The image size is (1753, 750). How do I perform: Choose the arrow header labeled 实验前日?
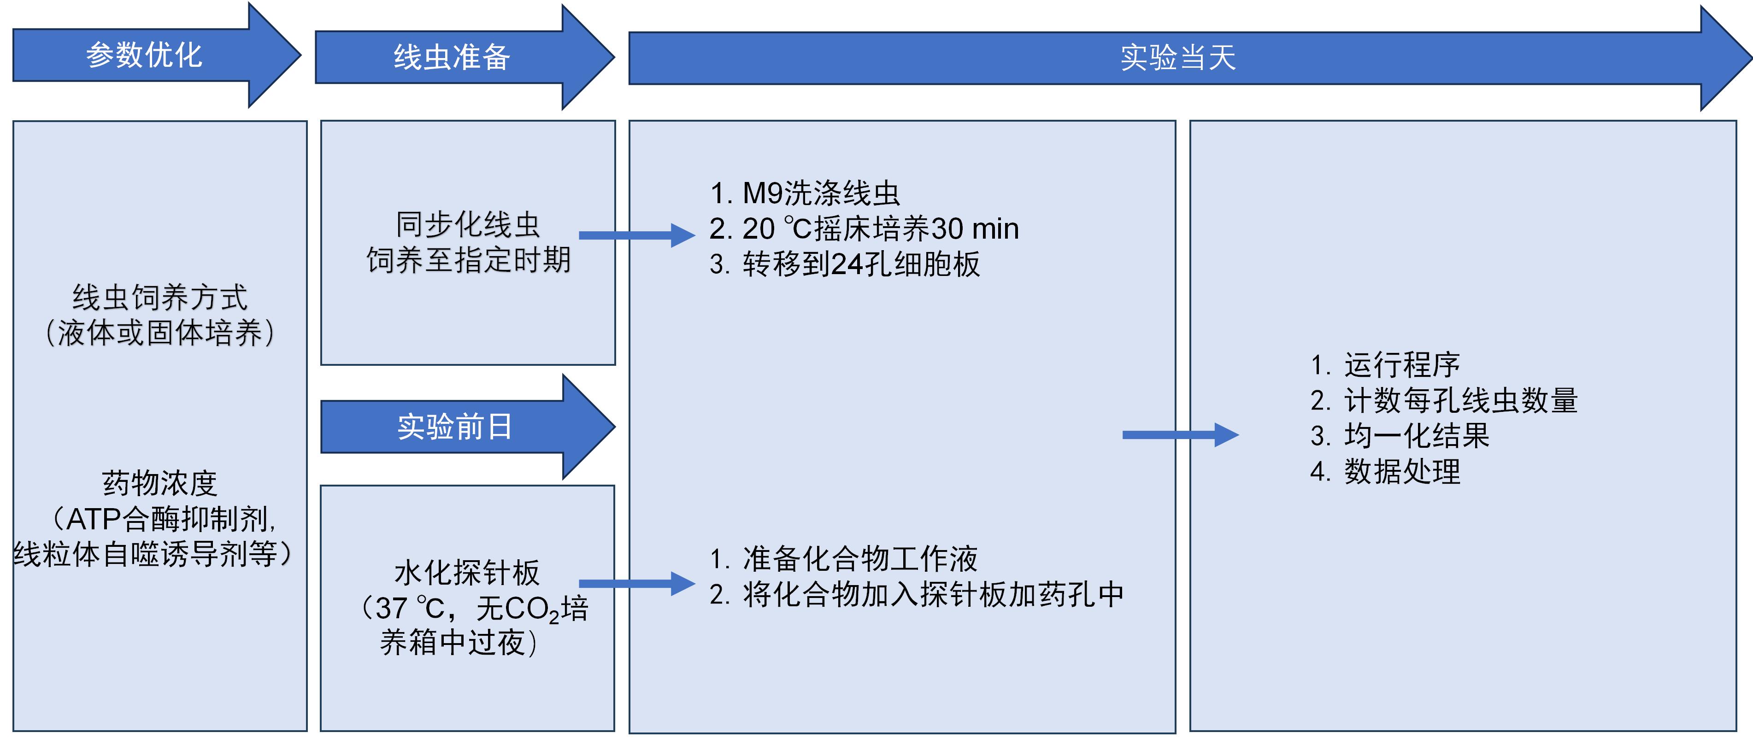pyautogui.click(x=454, y=427)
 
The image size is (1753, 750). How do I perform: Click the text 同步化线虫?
pyautogui.click(x=468, y=225)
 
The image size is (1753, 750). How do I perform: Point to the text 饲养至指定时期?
pyautogui.click(x=468, y=260)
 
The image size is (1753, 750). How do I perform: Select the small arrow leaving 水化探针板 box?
pyautogui.click(x=637, y=583)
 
